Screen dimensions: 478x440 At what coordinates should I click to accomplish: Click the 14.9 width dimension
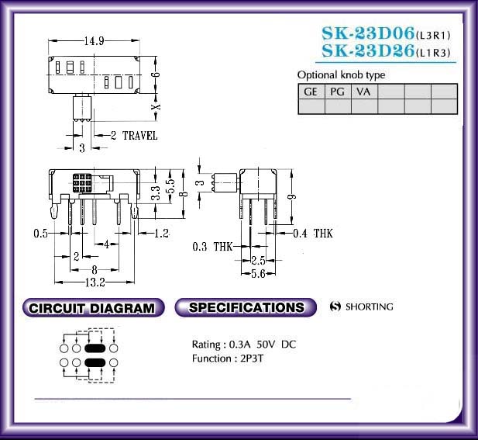pos(95,40)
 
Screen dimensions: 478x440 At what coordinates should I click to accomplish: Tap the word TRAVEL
pos(140,136)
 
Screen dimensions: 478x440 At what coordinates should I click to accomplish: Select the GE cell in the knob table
pos(311,92)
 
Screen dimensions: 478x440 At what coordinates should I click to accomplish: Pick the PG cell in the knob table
pos(338,92)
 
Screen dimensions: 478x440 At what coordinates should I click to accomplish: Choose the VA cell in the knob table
pos(363,92)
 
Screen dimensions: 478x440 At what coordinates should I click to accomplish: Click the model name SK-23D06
pos(368,33)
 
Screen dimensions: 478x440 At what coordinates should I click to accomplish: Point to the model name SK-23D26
pos(368,50)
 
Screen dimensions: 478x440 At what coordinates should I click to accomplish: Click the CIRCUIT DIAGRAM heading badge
pos(93,308)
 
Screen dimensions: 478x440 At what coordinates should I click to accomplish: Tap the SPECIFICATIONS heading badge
pos(246,307)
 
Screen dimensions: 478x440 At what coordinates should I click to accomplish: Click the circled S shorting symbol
pos(335,307)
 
